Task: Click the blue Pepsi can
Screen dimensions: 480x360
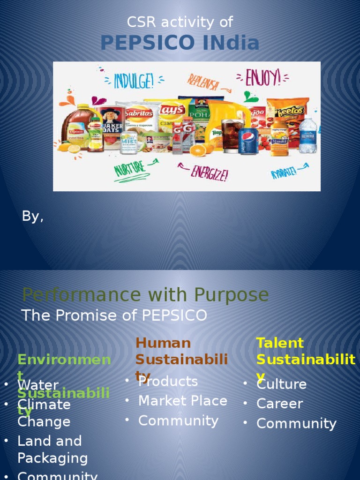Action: coord(248,141)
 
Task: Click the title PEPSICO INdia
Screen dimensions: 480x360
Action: coord(180,43)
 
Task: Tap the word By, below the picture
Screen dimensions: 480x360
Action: coord(33,216)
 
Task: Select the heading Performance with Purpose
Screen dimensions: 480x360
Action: coord(145,295)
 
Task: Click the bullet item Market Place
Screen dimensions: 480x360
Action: coord(182,401)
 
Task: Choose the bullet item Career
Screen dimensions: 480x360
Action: coord(279,404)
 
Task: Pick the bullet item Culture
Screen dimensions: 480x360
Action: coord(281,384)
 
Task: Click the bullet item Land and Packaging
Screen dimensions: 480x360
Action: coord(52,449)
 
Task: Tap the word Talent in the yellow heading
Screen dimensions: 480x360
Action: coord(280,343)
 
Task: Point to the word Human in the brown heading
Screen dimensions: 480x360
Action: coord(163,343)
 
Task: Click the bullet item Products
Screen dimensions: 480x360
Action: coord(168,382)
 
